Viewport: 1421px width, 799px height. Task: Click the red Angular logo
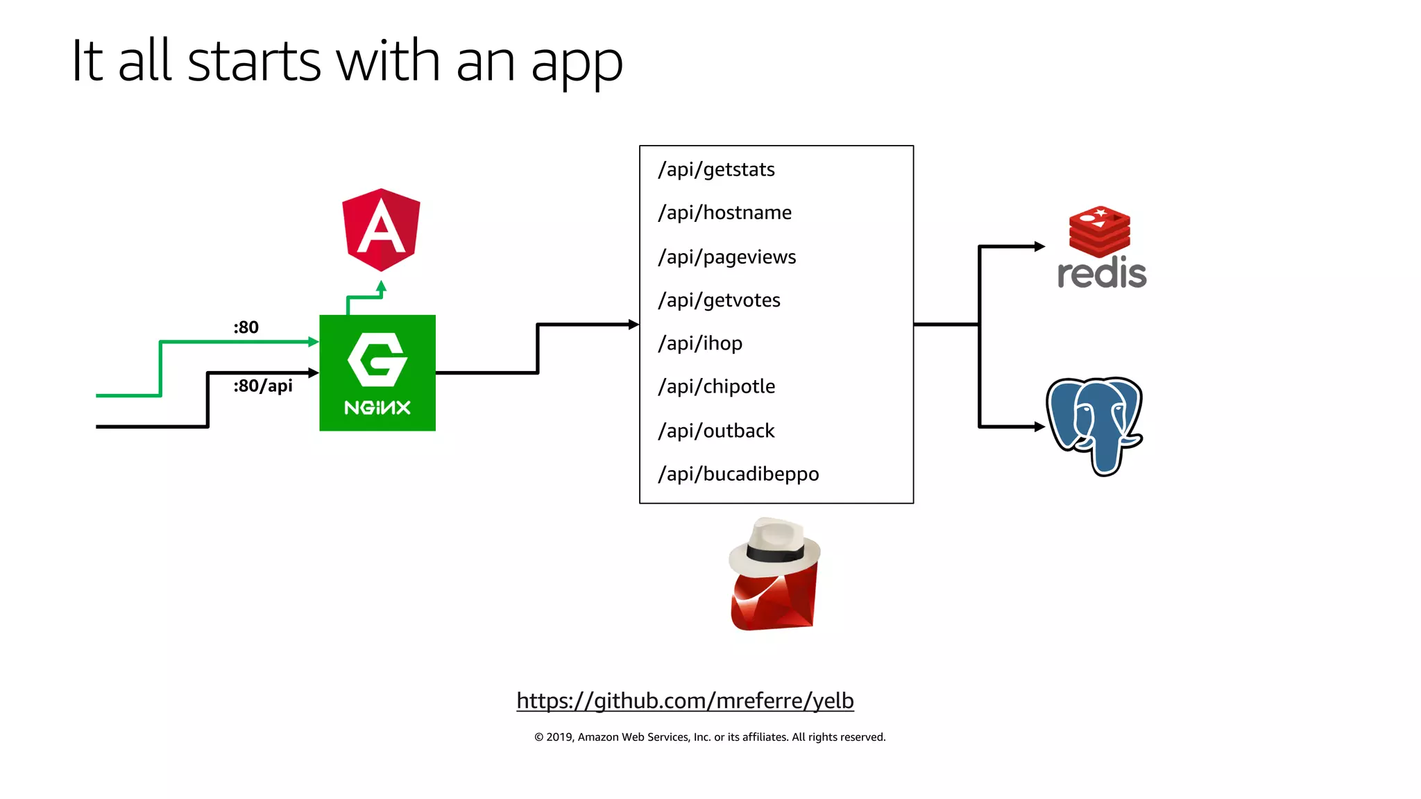[381, 230]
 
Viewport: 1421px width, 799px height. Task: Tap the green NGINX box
[377, 373]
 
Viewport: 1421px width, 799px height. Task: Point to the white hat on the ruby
[776, 547]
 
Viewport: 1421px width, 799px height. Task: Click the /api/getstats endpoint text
[716, 170]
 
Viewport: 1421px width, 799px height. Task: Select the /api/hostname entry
[724, 213]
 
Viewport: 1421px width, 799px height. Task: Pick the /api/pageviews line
[726, 257]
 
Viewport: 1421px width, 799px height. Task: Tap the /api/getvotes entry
[719, 300]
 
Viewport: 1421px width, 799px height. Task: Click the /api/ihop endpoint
[700, 343]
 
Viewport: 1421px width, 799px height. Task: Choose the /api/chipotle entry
[716, 386]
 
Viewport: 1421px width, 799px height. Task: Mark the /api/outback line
[716, 431]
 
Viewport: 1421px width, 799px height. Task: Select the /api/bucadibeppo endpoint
[738, 474]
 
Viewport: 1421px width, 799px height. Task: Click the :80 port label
[246, 327]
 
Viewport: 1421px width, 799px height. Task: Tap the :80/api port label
[262, 386]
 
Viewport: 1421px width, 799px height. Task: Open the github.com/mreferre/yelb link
[685, 701]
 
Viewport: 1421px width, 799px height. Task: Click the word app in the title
[577, 62]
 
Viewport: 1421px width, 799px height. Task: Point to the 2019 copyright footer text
[710, 737]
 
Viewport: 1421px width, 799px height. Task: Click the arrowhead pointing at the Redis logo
[1039, 246]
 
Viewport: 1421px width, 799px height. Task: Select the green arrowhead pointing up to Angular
[381, 286]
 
